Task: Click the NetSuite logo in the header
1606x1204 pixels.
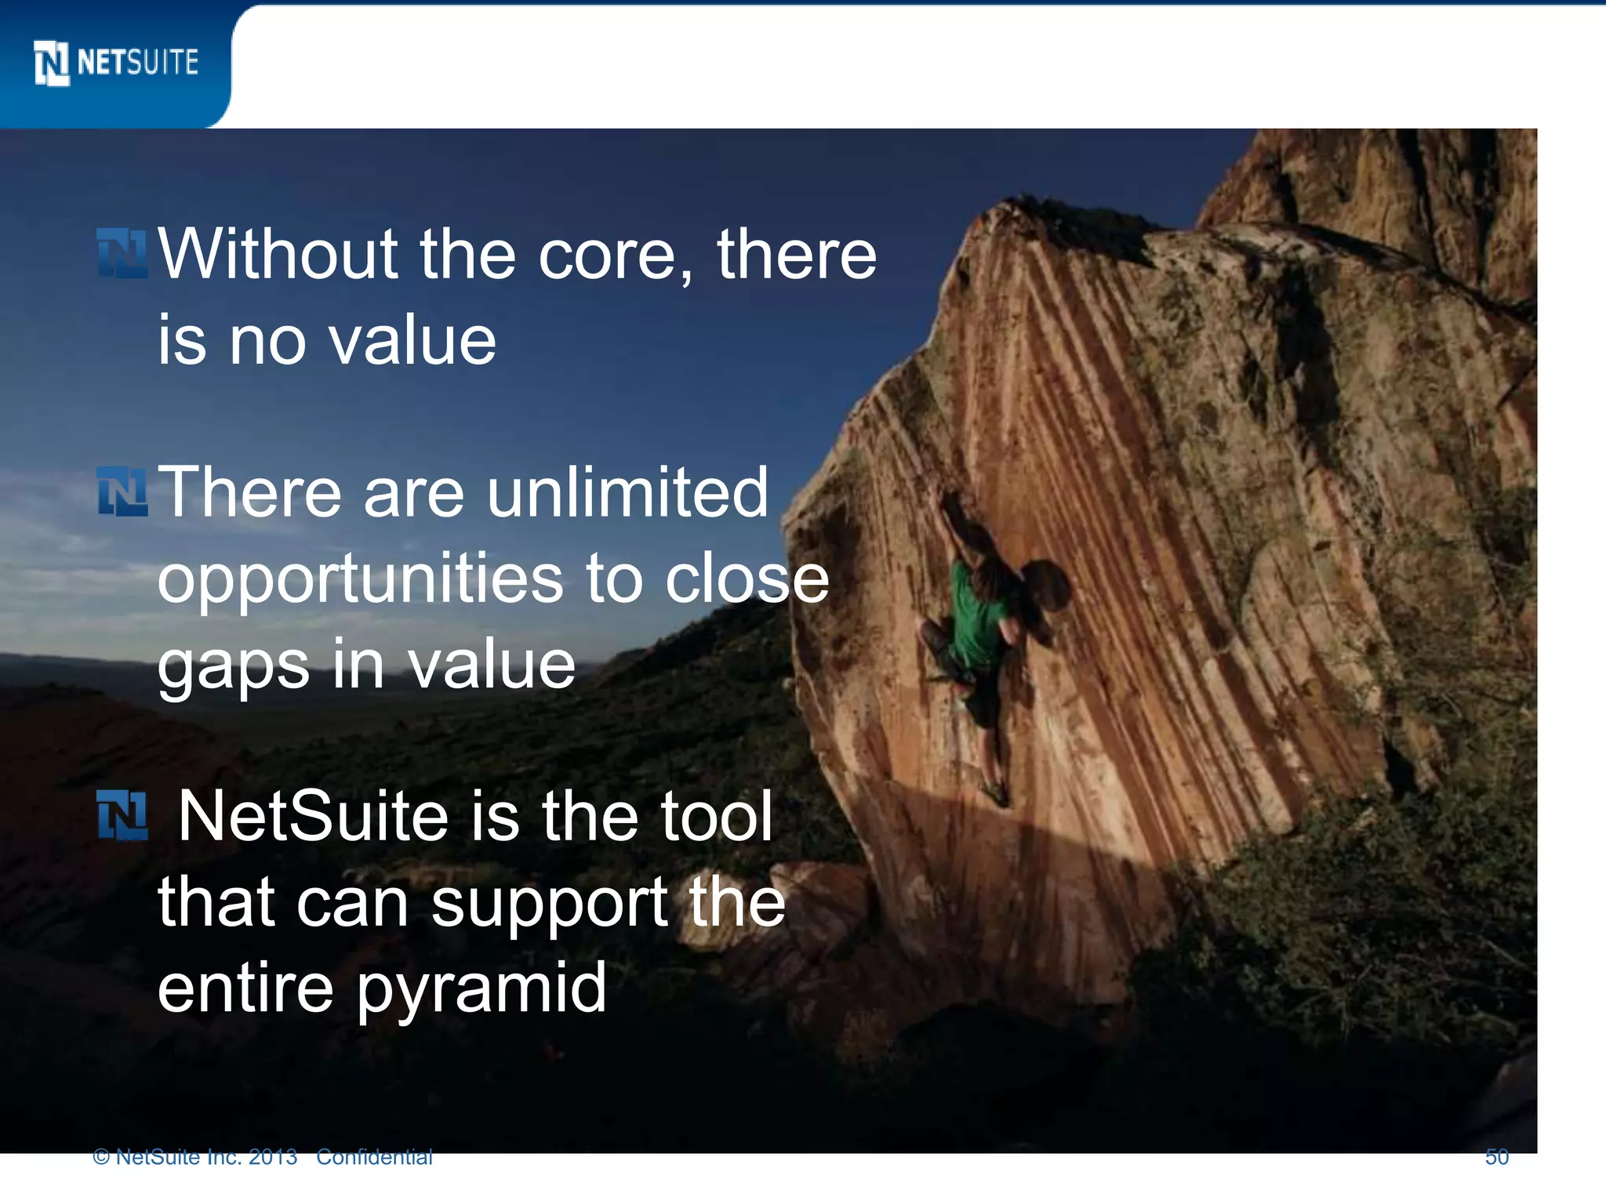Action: coord(116,63)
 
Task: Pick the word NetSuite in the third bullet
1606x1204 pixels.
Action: coord(314,817)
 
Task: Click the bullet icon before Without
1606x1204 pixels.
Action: coord(122,253)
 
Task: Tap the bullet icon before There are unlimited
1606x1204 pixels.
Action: coord(122,491)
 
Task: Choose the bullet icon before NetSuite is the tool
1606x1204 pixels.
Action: coord(122,815)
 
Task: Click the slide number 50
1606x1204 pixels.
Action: coord(1496,1157)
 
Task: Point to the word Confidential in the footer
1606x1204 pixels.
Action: coord(374,1157)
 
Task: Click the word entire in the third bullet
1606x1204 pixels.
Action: coord(245,988)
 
